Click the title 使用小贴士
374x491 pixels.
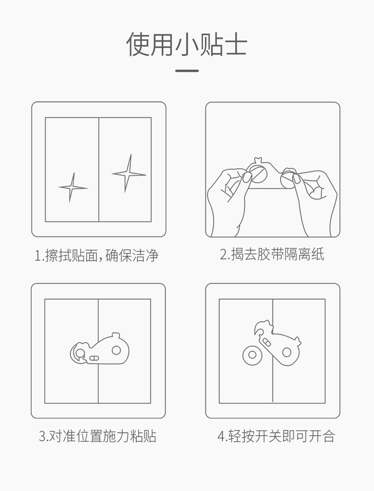click(186, 44)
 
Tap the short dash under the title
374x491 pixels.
click(186, 71)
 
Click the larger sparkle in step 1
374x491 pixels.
click(128, 174)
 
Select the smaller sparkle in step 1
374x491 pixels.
click(73, 188)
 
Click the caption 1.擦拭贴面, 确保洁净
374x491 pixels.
click(97, 255)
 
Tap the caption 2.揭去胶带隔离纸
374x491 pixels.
click(272, 254)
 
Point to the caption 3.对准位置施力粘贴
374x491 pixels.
click(97, 436)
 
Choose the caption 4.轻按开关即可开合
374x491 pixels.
click(277, 436)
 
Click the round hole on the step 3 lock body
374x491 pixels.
click(116, 350)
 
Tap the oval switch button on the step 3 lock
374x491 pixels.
click(94, 358)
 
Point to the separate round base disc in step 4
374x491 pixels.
click(253, 356)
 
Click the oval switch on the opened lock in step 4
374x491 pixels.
click(267, 342)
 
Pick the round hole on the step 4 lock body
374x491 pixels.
click(286, 352)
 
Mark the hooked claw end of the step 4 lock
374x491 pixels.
click(261, 328)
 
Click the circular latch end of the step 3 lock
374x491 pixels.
click(78, 353)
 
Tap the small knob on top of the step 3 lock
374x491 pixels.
click(116, 336)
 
